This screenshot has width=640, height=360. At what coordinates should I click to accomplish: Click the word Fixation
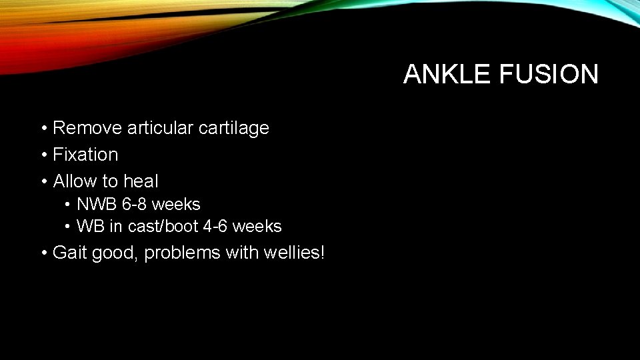tap(85, 154)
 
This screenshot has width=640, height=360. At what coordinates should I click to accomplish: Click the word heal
tap(141, 181)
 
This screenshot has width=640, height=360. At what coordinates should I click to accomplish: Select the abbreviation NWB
tap(97, 204)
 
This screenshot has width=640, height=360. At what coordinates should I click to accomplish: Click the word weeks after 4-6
tap(257, 227)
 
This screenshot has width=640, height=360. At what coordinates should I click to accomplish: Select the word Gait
tap(69, 253)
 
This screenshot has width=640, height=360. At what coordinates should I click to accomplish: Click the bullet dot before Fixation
tap(43, 155)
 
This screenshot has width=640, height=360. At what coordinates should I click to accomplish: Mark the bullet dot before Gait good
tap(43, 253)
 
